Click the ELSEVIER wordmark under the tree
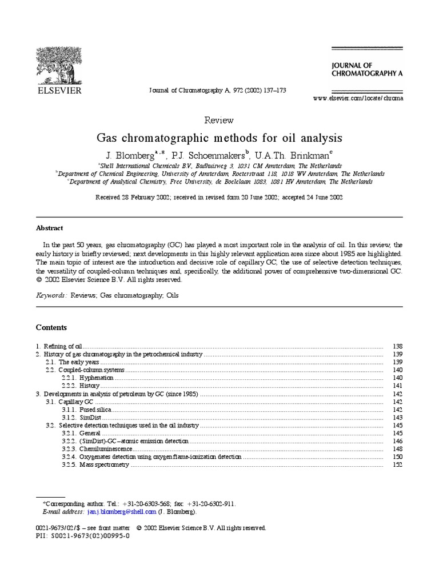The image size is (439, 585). (59, 90)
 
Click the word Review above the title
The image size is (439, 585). (219, 120)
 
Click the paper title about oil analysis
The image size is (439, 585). (219, 138)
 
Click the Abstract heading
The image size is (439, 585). (50, 227)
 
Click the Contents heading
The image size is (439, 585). (51, 327)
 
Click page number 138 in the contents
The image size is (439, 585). (398, 346)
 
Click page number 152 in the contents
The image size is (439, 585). (398, 465)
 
